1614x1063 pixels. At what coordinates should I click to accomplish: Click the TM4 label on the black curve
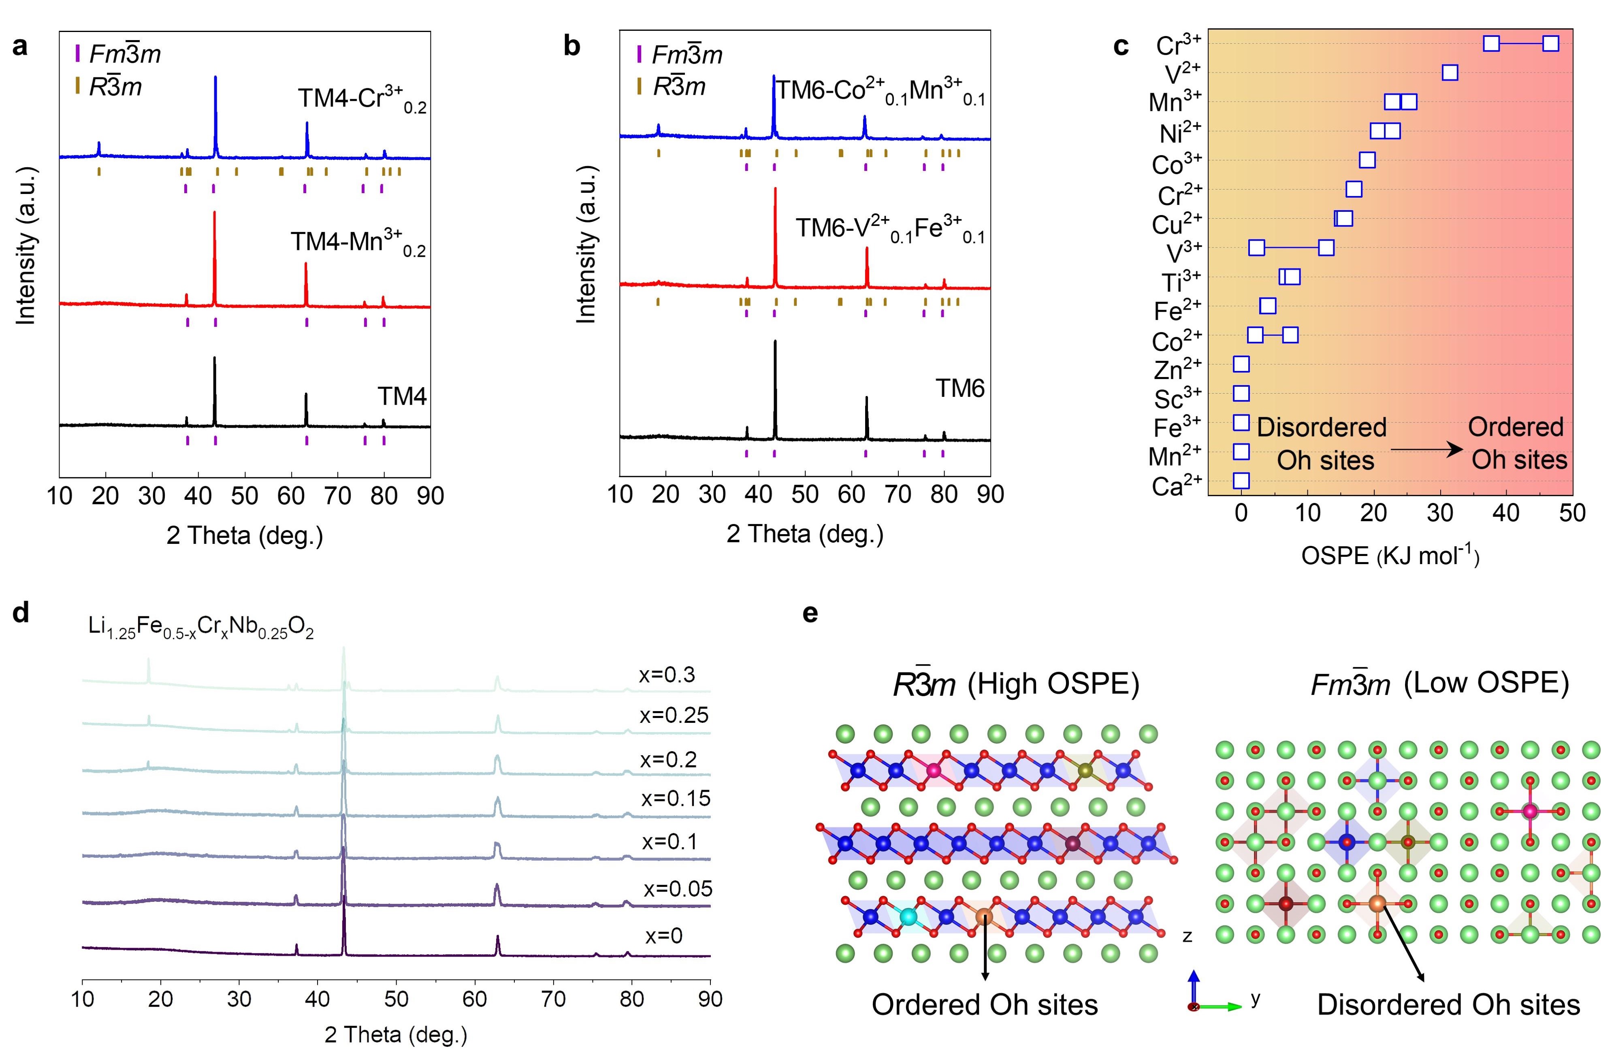click(402, 396)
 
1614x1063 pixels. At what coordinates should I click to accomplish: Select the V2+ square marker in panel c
click(1450, 72)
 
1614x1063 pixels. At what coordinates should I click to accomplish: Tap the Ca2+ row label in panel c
click(1177, 486)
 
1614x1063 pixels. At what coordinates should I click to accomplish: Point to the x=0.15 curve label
click(676, 799)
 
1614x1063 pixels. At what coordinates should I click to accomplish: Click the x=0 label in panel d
click(663, 936)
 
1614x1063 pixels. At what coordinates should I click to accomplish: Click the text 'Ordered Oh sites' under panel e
click(985, 1005)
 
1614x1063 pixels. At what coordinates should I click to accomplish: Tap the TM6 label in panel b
click(959, 388)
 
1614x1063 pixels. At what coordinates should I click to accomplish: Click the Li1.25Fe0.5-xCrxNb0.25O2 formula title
click(201, 628)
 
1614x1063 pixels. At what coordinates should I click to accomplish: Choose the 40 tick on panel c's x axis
click(1506, 513)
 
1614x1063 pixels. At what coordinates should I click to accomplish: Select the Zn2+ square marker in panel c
click(1241, 365)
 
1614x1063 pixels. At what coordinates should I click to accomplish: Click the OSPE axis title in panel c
click(1390, 556)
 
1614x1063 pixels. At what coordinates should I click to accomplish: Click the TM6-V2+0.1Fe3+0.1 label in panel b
click(890, 229)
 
